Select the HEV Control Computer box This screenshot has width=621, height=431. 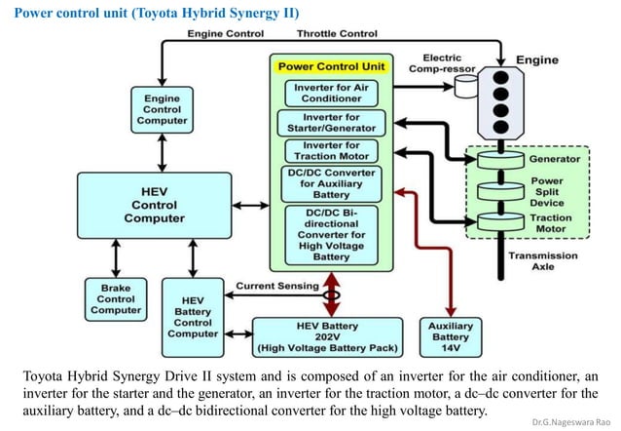(154, 204)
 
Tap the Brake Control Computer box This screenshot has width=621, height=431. (116, 299)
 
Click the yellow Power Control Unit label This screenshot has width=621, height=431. (332, 67)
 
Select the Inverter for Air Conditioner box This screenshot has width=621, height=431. (331, 93)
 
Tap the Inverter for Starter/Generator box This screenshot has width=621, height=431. (331, 123)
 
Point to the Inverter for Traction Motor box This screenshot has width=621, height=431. (331, 151)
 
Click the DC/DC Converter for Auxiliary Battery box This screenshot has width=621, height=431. (331, 183)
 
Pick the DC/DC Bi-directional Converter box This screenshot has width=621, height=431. (331, 234)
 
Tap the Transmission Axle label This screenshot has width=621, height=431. (542, 261)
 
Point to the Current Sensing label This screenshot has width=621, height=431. (277, 286)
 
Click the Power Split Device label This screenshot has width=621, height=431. (546, 188)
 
